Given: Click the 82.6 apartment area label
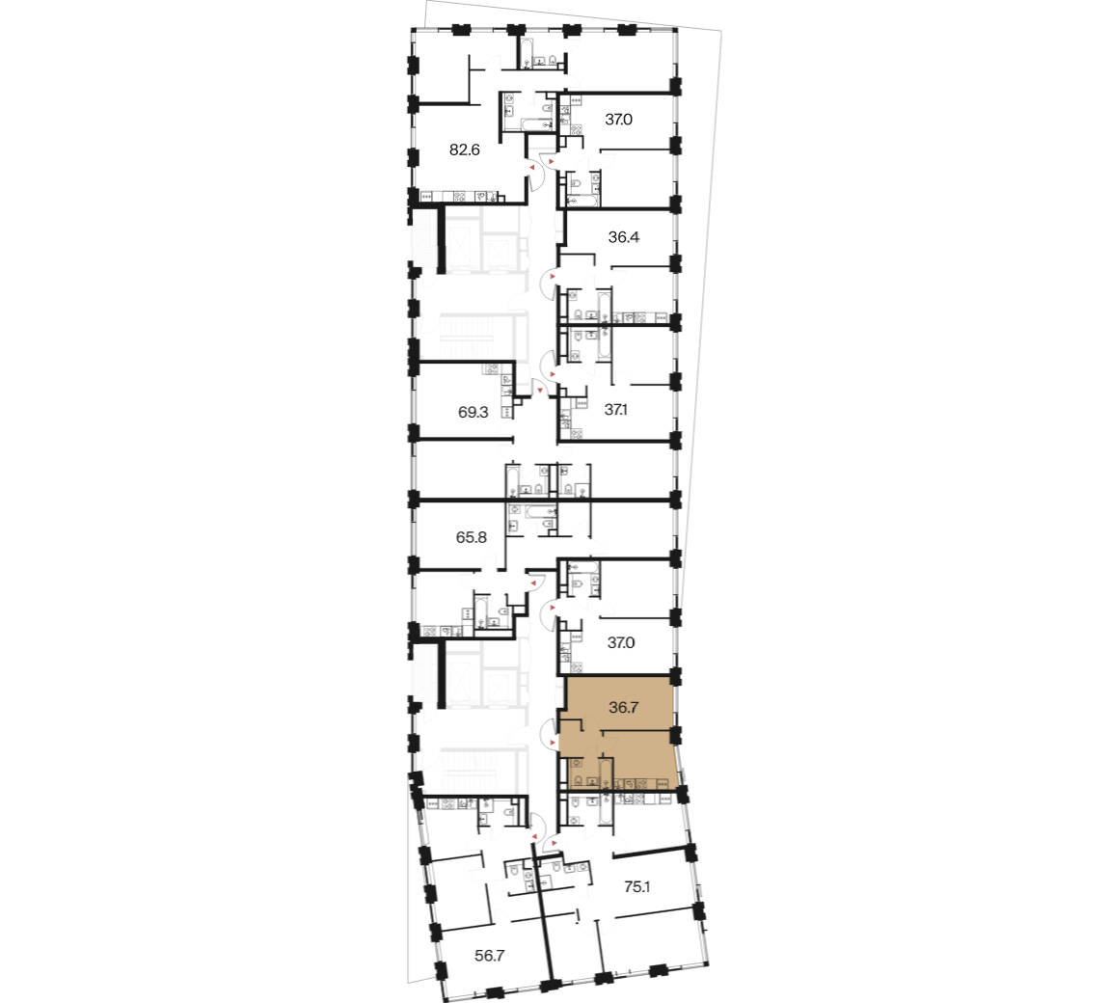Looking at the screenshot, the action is point(465,149).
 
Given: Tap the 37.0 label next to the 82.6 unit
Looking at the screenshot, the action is point(618,120).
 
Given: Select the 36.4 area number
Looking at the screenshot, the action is point(624,237).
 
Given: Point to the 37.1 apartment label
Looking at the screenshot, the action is point(616,410).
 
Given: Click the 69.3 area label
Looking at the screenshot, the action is point(473,412).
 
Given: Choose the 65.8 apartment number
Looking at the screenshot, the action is point(471,537).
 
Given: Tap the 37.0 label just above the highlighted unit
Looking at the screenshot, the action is point(621,642).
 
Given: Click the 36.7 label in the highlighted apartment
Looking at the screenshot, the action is point(624,707).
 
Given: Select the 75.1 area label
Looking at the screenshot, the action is point(636,886).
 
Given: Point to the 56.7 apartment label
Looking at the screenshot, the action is point(490,956).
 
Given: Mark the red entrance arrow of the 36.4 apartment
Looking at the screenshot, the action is point(553,275).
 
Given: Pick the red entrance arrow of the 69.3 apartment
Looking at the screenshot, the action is point(540,389).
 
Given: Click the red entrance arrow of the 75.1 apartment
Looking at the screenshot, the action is point(553,843).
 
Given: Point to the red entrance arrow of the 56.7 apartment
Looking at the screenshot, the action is point(534,837).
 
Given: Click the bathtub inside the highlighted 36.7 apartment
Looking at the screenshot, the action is point(605,773).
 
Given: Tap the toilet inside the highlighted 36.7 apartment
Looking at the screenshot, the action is point(577,781).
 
